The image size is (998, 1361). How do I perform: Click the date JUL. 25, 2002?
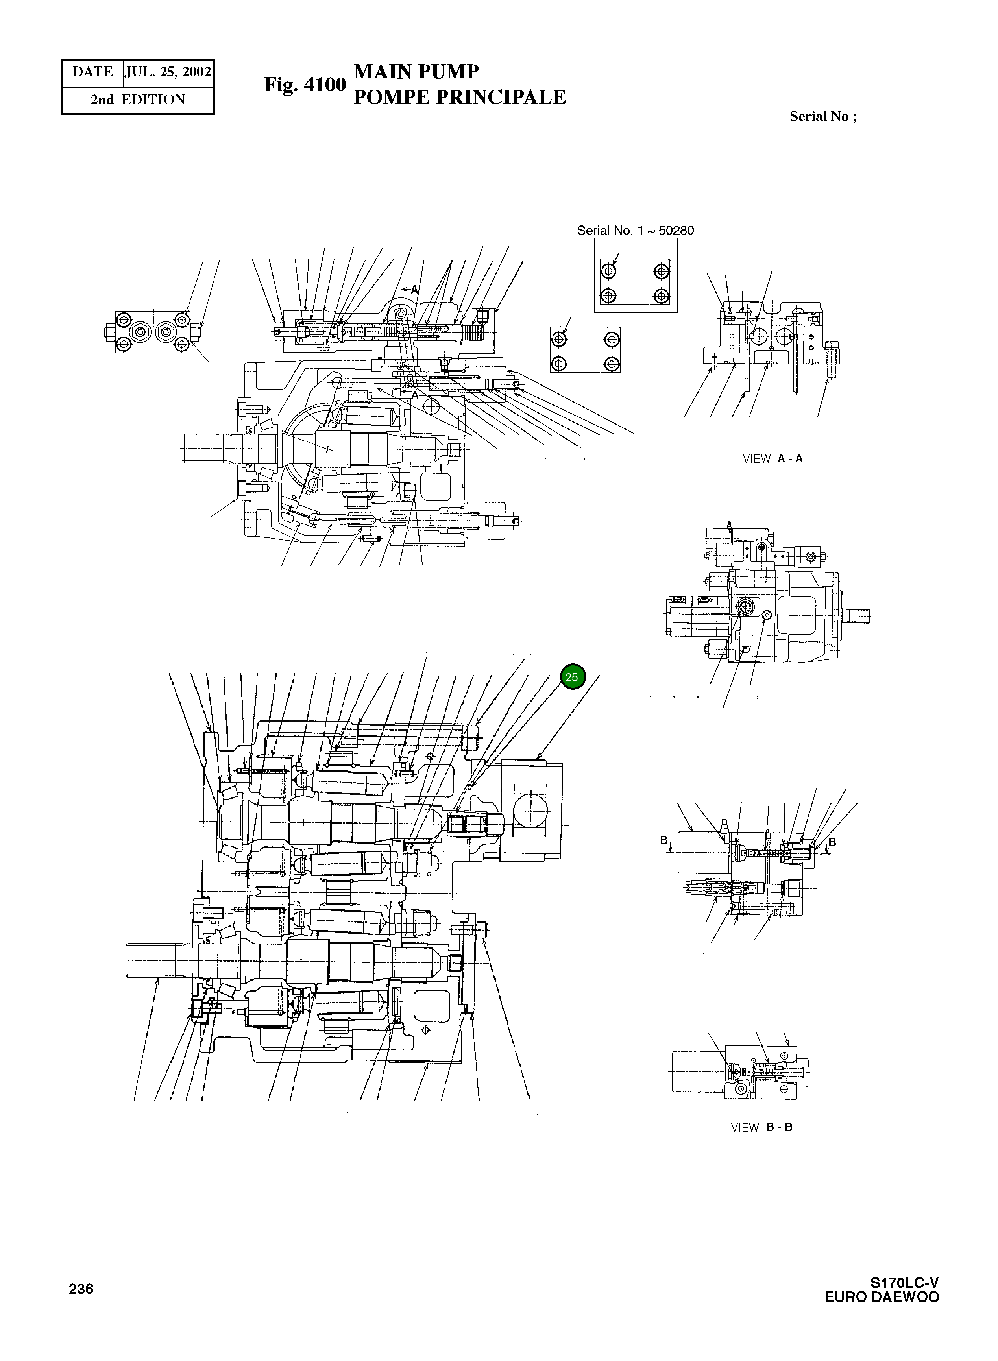(168, 72)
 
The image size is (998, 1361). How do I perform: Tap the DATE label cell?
(92, 72)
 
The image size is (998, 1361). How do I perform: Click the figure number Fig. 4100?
(305, 85)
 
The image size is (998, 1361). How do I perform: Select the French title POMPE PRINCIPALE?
(459, 97)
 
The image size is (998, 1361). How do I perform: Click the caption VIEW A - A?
(772, 458)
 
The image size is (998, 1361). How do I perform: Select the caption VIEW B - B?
(761, 1127)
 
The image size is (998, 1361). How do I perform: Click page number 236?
(81, 1289)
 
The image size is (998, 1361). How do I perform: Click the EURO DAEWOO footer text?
(882, 1297)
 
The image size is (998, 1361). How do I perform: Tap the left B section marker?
(663, 840)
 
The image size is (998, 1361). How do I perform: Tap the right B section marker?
(832, 842)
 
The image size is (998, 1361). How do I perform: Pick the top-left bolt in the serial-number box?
(609, 271)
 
